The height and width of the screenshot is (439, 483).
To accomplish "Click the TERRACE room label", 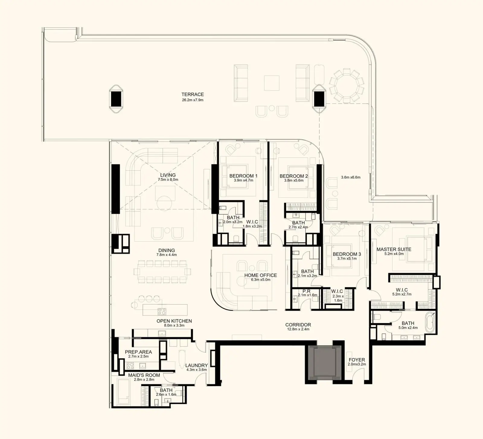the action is tap(193, 95).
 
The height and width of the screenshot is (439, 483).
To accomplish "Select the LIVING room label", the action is tap(168, 175).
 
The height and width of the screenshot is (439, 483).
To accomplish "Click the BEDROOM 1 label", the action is tap(243, 176).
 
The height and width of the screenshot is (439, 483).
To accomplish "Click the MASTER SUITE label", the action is tap(394, 249).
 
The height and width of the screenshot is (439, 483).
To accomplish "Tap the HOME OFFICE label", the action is tap(261, 275).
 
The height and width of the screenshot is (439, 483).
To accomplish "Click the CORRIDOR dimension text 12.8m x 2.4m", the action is tap(298, 329).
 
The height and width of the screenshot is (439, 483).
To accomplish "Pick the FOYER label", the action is tap(357, 360).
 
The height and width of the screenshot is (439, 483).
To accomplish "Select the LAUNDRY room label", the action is tap(197, 365).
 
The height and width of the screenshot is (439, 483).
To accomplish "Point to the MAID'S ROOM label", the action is tap(144, 375).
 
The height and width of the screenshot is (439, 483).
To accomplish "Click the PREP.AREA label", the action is tap(138, 352).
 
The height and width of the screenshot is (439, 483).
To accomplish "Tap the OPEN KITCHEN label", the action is tap(174, 321).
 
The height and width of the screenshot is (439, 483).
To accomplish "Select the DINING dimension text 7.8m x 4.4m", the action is tap(167, 255).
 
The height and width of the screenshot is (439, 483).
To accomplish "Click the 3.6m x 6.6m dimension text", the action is tap(351, 177).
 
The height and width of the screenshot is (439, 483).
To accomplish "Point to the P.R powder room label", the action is tap(306, 291).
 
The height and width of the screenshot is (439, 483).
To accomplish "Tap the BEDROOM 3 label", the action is tap(347, 254).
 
